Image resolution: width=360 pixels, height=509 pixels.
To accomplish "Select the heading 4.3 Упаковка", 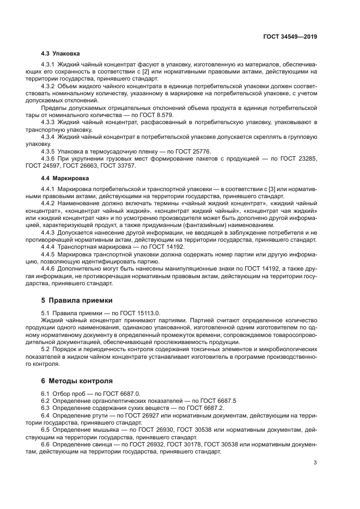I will tap(60, 54).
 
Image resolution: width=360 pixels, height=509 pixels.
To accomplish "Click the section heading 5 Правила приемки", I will tap(77, 300).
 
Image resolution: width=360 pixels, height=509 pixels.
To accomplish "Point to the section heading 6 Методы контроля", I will tap(77, 381).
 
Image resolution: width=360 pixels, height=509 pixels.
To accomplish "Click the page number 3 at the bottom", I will tap(315, 463).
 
